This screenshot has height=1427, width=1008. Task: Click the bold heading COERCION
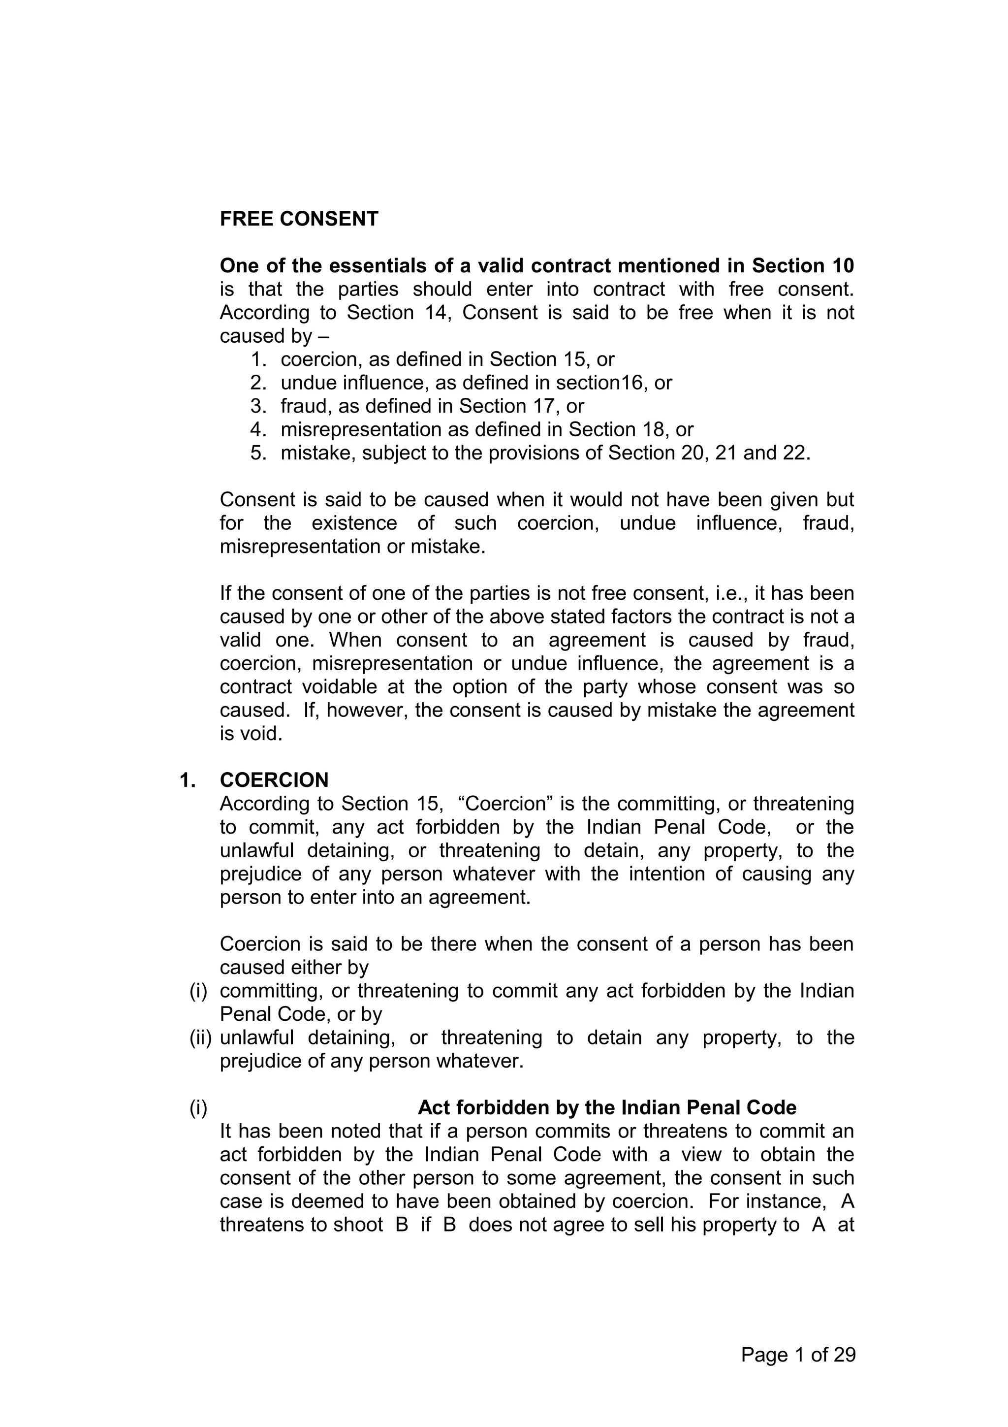click(x=274, y=780)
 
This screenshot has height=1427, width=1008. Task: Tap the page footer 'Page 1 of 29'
click(x=798, y=1355)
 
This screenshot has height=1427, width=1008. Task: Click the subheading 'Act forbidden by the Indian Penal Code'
click(x=607, y=1107)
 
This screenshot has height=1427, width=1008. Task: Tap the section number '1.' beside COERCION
click(x=187, y=780)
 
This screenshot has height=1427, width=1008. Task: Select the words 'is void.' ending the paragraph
click(x=251, y=734)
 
